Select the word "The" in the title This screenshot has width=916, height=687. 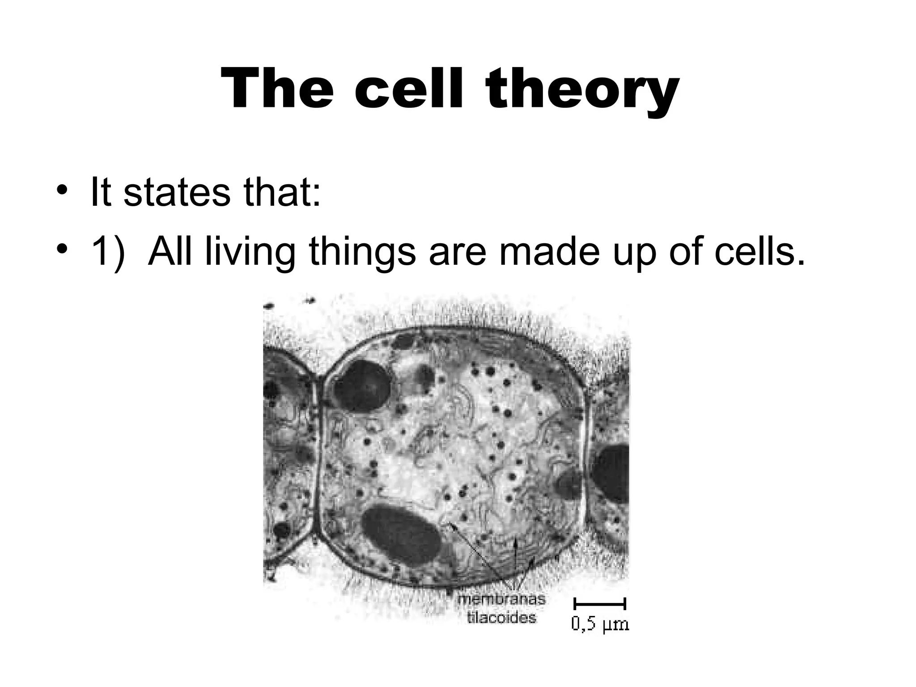(277, 89)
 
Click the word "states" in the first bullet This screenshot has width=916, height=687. (176, 193)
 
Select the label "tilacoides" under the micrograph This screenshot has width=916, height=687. (501, 618)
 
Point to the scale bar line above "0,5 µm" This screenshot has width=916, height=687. (600, 605)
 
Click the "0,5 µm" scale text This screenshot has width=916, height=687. (600, 624)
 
